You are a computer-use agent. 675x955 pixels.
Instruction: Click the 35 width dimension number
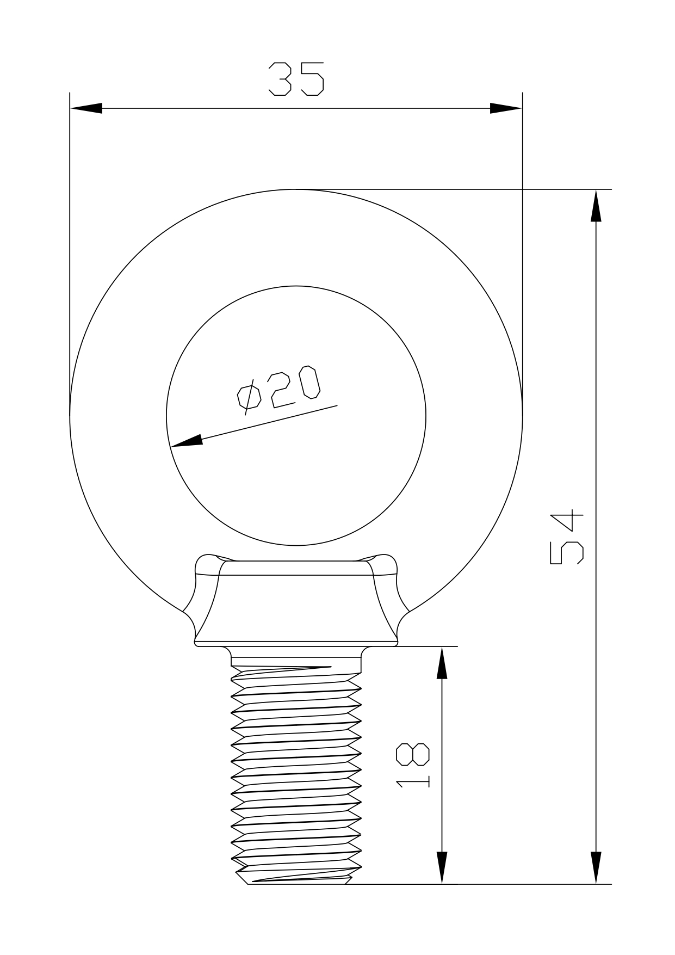(296, 79)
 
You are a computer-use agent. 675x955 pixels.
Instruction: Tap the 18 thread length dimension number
(413, 764)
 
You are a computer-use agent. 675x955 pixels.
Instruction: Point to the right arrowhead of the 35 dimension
(506, 108)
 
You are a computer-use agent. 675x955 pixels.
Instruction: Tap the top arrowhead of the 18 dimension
(442, 662)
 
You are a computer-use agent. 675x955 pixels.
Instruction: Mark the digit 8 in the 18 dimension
(413, 753)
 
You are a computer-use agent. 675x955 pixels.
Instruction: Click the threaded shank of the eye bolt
(296, 773)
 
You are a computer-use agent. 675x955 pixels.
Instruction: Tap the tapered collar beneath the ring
(296, 604)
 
